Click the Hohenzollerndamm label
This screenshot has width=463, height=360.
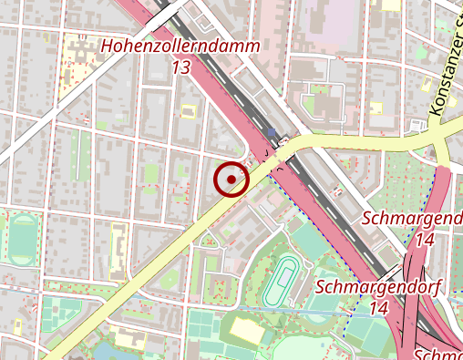pyautogui.click(x=180, y=46)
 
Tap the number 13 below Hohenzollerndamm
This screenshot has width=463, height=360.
pyautogui.click(x=180, y=67)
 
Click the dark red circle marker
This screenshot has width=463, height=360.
pyautogui.click(x=231, y=179)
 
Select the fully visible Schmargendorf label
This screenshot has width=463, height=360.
pyautogui.click(x=378, y=287)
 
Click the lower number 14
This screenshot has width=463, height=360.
pyautogui.click(x=379, y=309)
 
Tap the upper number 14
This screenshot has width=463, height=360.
pyautogui.click(x=424, y=241)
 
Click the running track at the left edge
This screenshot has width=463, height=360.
pyautogui.click(x=20, y=238)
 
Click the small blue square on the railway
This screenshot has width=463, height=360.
pyautogui.click(x=271, y=134)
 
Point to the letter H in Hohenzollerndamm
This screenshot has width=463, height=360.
pyautogui.click(x=108, y=46)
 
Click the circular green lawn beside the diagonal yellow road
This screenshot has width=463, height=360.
pyautogui.click(x=169, y=278)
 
